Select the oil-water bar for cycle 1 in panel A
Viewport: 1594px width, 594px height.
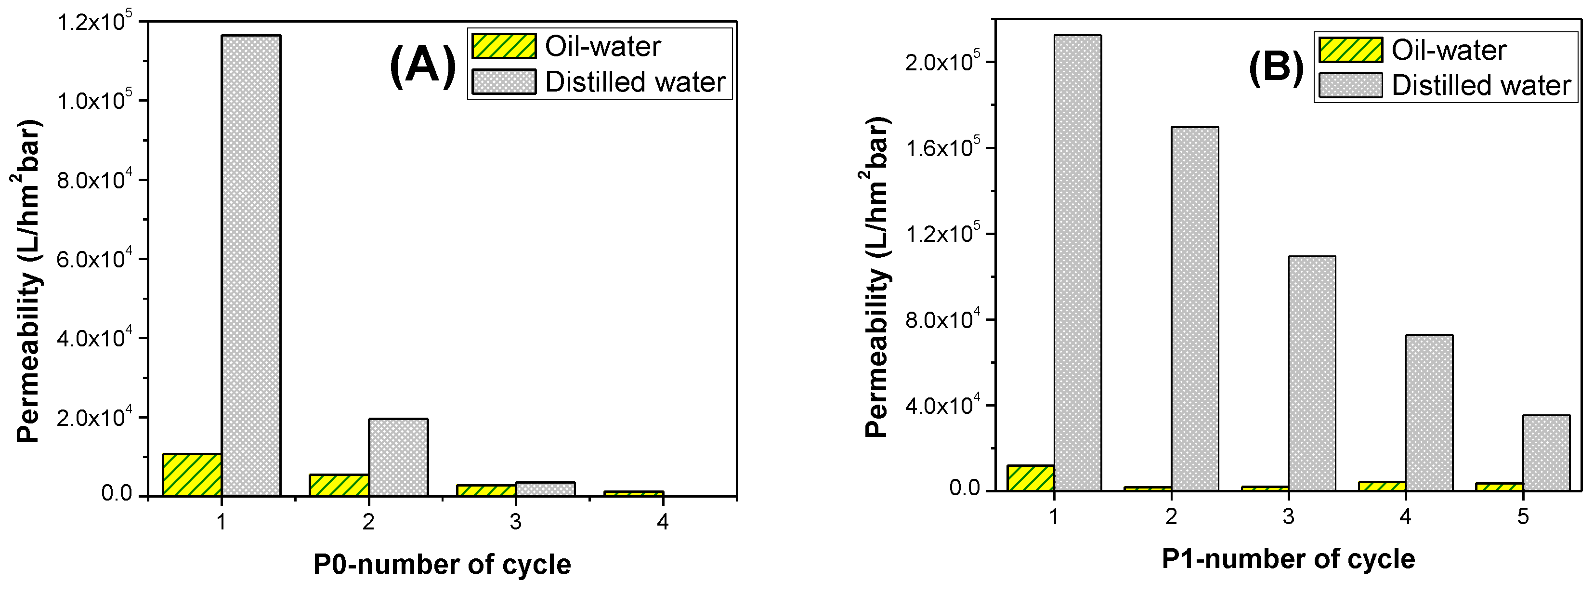click(192, 475)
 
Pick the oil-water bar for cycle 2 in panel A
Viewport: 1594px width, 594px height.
click(339, 485)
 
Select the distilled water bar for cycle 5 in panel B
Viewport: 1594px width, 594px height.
click(1546, 453)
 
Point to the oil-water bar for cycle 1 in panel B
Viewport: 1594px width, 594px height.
click(1030, 478)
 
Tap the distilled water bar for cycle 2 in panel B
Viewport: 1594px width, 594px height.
click(1194, 309)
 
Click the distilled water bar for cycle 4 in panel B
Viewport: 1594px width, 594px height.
click(1429, 413)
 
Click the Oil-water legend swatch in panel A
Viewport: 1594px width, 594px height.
click(504, 46)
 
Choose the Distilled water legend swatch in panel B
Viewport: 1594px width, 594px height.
click(1350, 85)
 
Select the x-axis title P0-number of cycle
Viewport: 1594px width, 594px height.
click(442, 564)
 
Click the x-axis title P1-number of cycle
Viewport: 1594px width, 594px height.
click(1288, 559)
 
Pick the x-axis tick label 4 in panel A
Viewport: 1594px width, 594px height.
click(663, 522)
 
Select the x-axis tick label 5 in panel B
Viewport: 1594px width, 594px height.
click(1523, 516)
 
